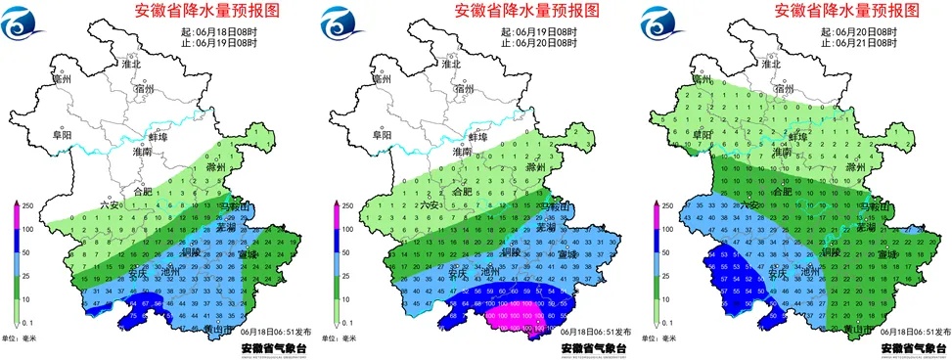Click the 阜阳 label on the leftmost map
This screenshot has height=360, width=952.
click(x=61, y=135)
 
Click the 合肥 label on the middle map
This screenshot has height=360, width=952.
click(x=464, y=193)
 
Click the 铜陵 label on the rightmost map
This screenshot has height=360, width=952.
click(x=827, y=251)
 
